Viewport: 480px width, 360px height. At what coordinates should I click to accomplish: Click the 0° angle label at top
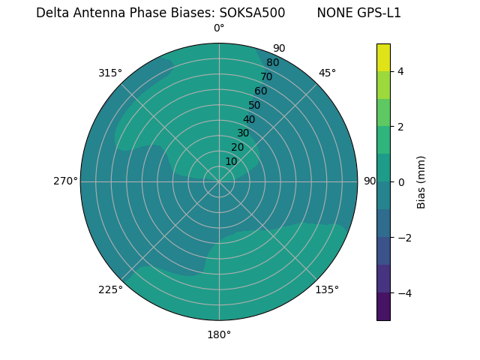coord(219,28)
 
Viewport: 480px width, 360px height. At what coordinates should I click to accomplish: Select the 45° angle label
coord(327,73)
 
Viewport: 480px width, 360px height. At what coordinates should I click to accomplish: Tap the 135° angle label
coord(327,289)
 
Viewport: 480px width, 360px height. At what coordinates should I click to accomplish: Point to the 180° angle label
coord(219,334)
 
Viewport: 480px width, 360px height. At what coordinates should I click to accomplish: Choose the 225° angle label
coord(110,289)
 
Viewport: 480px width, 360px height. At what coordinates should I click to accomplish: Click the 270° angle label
coord(65,181)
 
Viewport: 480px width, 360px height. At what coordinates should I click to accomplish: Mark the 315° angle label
coord(110,73)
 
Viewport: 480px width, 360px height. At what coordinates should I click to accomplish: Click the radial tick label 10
coord(232,161)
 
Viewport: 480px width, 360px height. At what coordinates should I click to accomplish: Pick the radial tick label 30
coord(243,133)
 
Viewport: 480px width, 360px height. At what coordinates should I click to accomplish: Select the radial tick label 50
coord(255,105)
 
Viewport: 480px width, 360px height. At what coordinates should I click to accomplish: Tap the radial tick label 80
coord(272,62)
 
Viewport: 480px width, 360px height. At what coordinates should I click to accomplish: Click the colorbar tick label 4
coord(401,71)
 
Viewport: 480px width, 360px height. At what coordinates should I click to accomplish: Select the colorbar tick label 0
coord(401,182)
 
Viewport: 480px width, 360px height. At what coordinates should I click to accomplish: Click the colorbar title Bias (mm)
coord(421,182)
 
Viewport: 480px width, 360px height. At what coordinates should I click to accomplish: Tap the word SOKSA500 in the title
coord(252,13)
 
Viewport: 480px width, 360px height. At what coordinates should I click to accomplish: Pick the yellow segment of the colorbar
coord(383,58)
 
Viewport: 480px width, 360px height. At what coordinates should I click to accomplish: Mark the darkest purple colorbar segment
coord(383,307)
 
